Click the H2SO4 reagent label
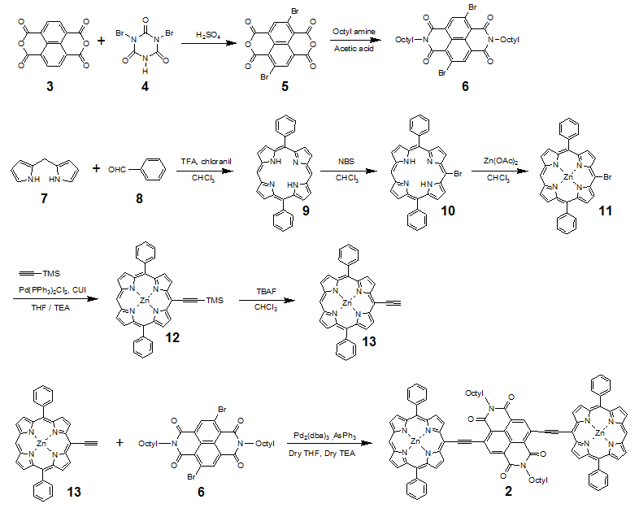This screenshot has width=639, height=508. (x=208, y=36)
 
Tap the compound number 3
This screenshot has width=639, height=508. (x=50, y=86)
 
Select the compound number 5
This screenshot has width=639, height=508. (x=285, y=86)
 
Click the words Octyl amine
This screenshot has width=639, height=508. (x=354, y=32)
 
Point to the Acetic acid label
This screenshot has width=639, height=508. (x=354, y=49)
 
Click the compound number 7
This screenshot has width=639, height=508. (x=44, y=198)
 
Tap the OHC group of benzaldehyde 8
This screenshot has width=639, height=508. (x=117, y=169)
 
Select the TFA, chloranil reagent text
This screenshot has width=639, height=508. (x=206, y=161)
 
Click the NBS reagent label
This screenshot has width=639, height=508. (x=346, y=161)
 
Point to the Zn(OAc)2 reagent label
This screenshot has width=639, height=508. (x=501, y=161)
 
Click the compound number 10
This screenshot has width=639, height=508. (x=447, y=211)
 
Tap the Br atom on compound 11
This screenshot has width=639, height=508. (x=607, y=177)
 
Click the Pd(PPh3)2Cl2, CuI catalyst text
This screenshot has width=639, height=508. (x=52, y=290)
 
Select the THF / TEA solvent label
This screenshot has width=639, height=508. (x=50, y=307)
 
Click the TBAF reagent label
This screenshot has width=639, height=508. (x=266, y=291)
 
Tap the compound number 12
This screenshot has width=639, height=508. (x=172, y=337)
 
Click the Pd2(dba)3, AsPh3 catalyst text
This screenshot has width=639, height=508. (x=325, y=436)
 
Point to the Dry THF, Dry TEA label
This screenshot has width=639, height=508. (x=322, y=453)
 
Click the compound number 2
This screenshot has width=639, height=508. (x=508, y=491)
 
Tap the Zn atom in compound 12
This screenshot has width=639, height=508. (x=145, y=301)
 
